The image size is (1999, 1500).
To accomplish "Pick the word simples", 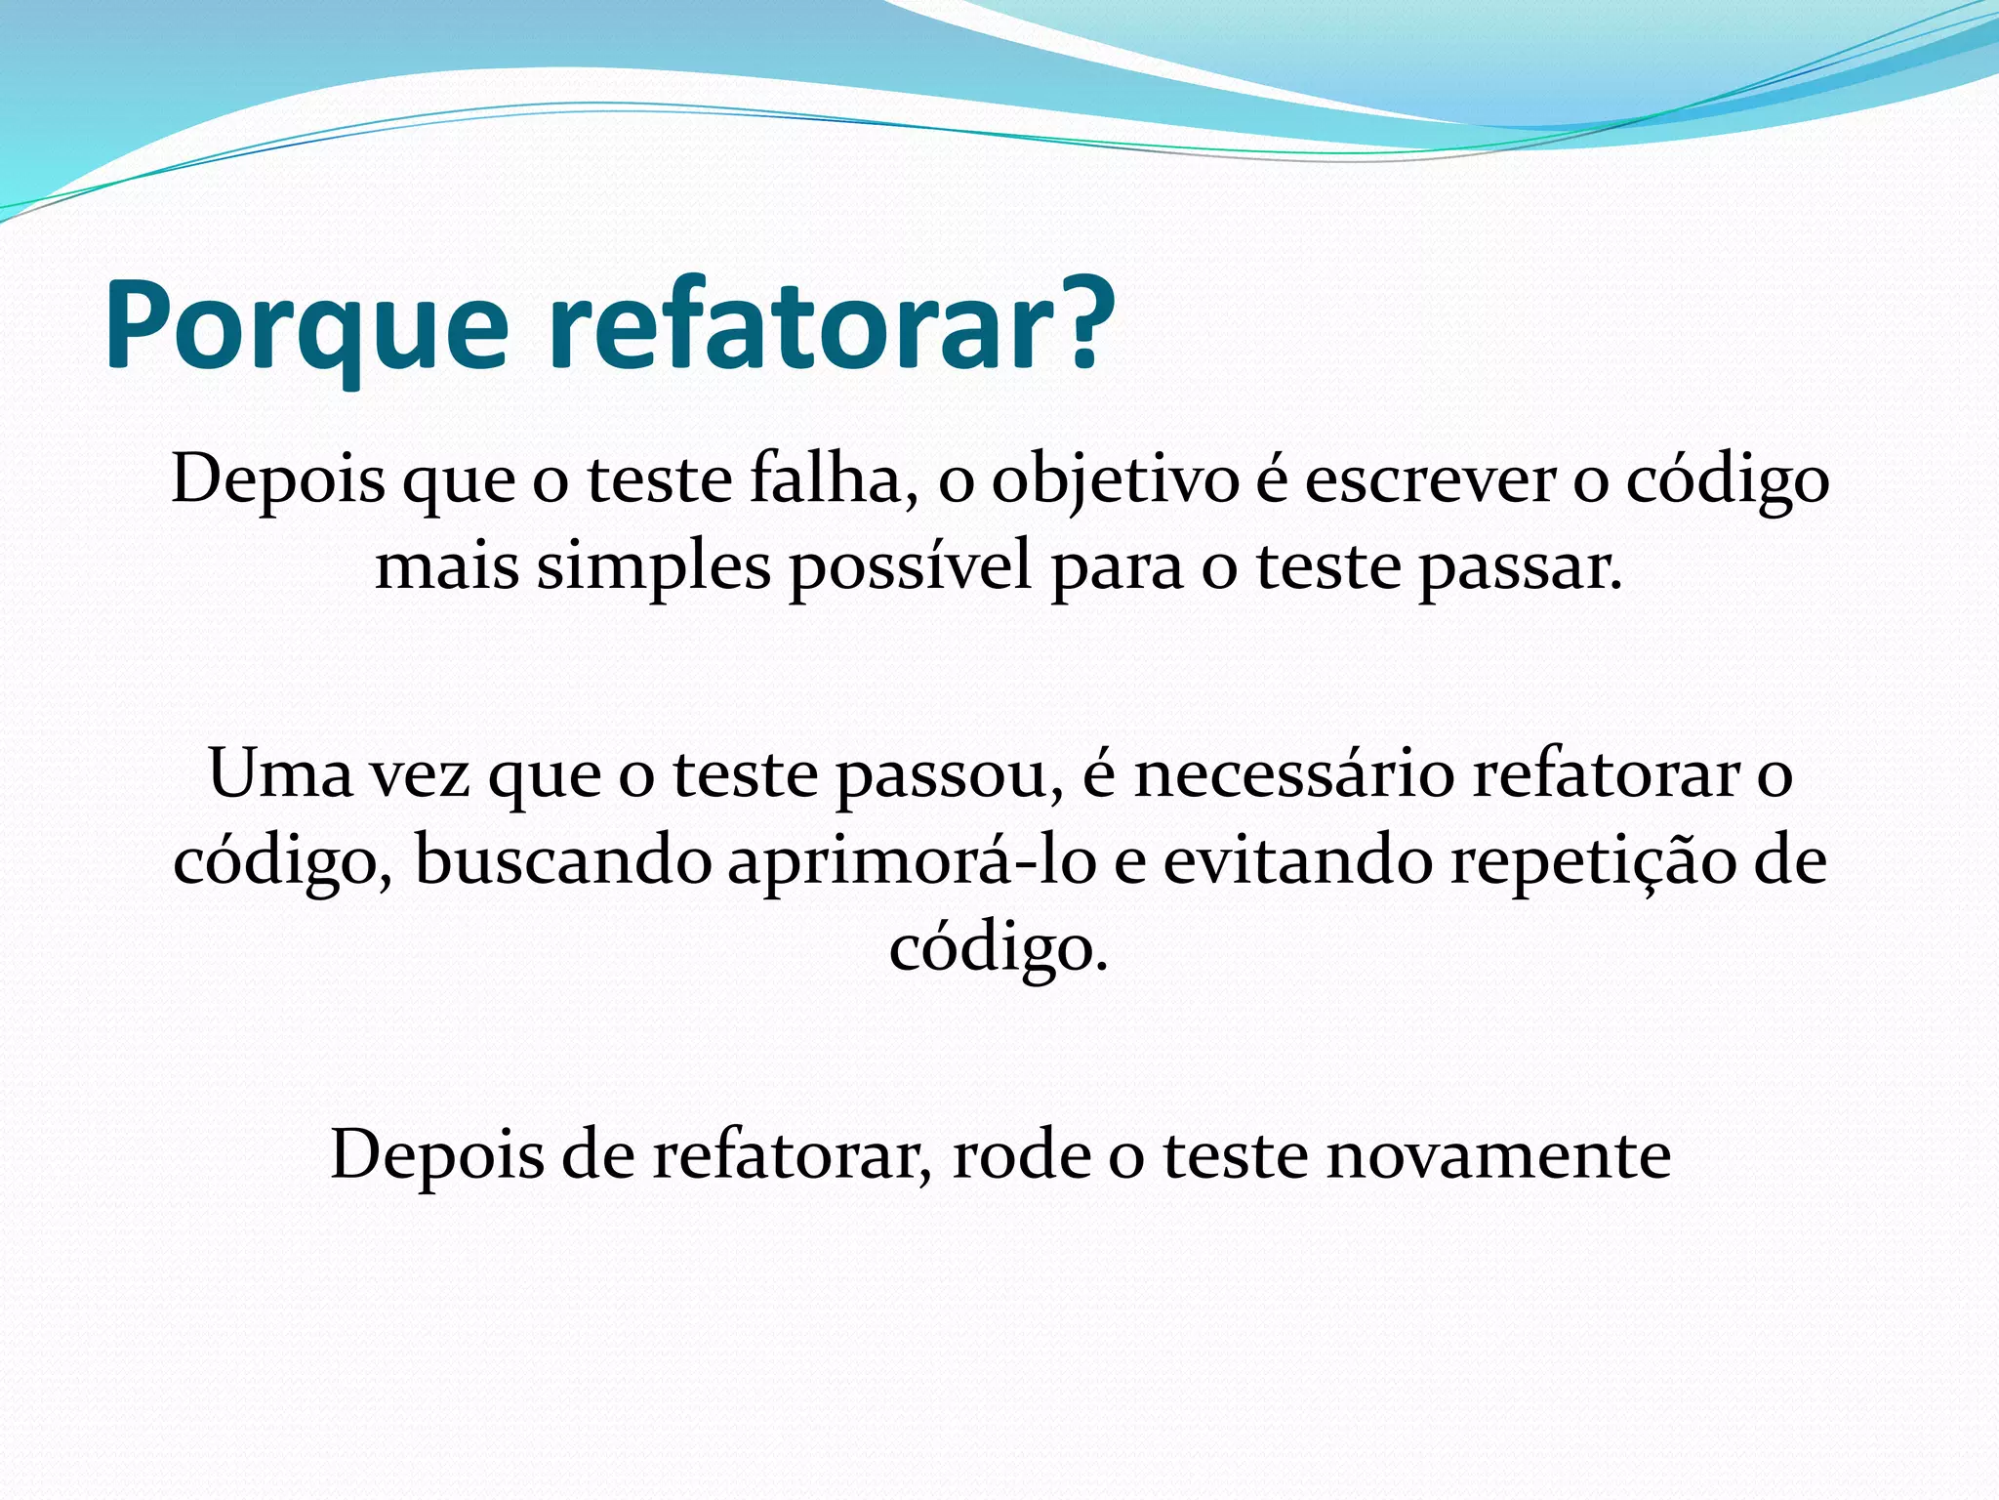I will pyautogui.click(x=653, y=568).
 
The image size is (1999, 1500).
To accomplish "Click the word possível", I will pyautogui.click(x=910, y=568).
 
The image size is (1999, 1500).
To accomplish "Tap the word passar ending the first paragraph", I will pyautogui.click(x=1519, y=568).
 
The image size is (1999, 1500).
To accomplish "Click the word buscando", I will pyautogui.click(x=562, y=862).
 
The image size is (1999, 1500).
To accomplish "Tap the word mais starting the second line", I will pyautogui.click(x=446, y=567).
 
